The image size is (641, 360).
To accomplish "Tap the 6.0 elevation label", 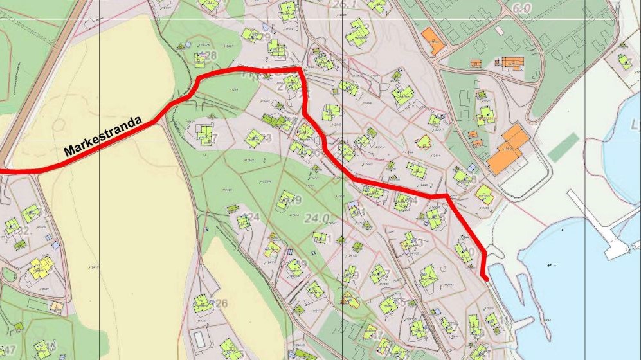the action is pyautogui.click(x=523, y=8).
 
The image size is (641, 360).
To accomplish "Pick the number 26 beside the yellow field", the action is pyautogui.click(x=221, y=303).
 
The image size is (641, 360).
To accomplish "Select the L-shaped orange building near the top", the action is pyautogui.click(x=433, y=40).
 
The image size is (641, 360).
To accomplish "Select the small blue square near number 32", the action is pyautogui.click(x=55, y=245).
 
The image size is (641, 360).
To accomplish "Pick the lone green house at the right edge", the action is pyautogui.click(x=624, y=62).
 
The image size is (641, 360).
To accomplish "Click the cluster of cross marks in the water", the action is pyautogui.click(x=550, y=265).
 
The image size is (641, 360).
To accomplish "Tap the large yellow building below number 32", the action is pyautogui.click(x=40, y=266).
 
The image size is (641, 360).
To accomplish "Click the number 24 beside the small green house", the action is pyautogui.click(x=253, y=217).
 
